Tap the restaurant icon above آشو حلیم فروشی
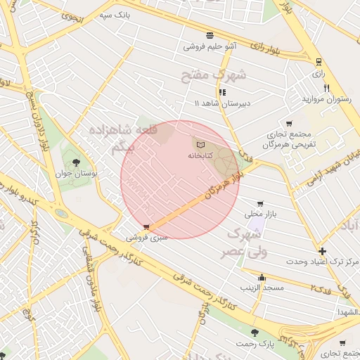[x=210, y=35]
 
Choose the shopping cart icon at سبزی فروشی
[x=146, y=227]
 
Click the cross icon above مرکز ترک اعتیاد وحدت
[x=322, y=251]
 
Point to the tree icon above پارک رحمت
[x=255, y=333]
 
